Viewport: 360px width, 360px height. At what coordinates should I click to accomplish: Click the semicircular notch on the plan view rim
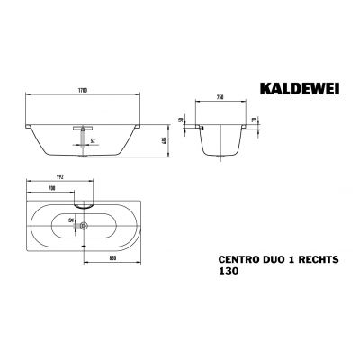click(x=84, y=203)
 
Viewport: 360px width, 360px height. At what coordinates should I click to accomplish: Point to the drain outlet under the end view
click(x=218, y=160)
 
